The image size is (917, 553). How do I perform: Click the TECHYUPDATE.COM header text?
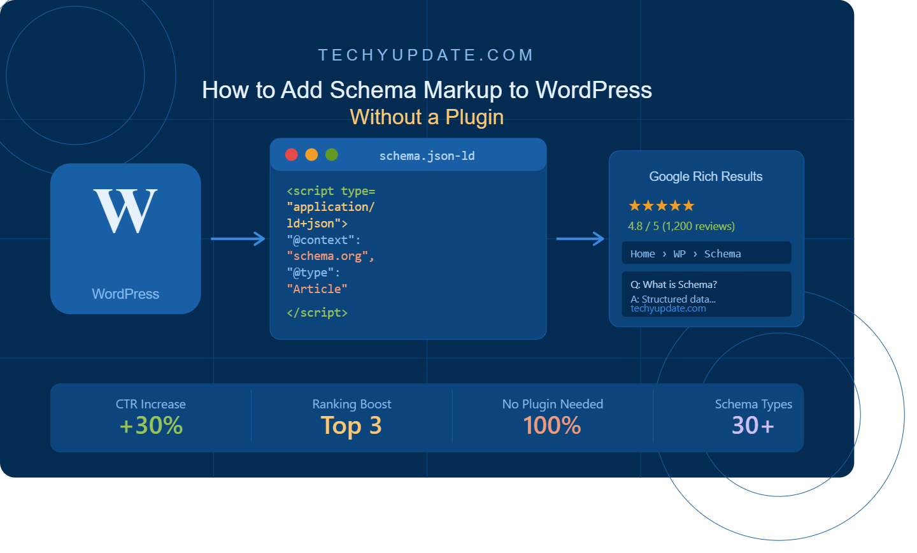(426, 55)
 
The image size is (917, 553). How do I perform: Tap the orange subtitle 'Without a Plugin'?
(427, 117)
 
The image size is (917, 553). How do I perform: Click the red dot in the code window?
(292, 155)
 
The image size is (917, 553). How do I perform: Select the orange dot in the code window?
(311, 155)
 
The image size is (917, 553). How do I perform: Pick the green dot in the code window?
(332, 155)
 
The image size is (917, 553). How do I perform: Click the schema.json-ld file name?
(427, 156)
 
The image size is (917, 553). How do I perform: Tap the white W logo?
(125, 210)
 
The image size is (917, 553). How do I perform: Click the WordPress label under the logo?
(125, 294)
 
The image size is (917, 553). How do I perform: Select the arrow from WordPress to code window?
(238, 239)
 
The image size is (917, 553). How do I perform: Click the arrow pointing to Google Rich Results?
(580, 239)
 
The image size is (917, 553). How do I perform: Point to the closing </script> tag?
(317, 313)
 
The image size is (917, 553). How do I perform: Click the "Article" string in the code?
(317, 289)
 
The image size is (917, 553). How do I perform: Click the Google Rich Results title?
(706, 176)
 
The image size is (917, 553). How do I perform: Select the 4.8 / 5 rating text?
(681, 226)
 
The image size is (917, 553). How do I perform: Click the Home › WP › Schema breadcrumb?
(686, 254)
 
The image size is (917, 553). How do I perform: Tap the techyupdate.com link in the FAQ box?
(668, 308)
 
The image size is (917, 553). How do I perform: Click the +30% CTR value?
(151, 425)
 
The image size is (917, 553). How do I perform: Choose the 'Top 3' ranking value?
(352, 425)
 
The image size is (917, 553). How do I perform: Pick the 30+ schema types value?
(753, 425)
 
